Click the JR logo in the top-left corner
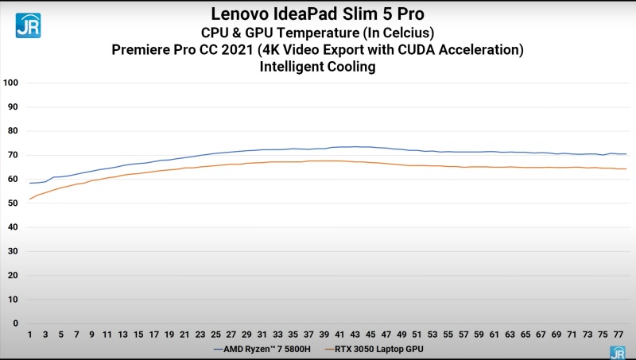point(28,25)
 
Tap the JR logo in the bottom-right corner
point(617,352)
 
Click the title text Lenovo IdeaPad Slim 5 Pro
point(317,14)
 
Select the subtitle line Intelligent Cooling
point(317,68)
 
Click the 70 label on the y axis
point(13,155)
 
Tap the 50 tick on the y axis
point(13,203)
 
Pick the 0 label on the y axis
point(15,323)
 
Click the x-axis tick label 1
point(30,334)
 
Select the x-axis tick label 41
point(339,334)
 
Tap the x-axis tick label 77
point(618,334)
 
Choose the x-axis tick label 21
point(184,334)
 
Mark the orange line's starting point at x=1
point(30,199)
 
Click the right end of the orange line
point(626,168)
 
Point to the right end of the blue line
point(626,154)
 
